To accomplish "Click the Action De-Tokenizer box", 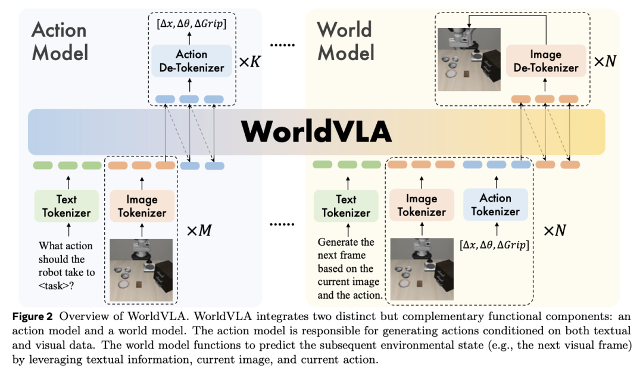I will pyautogui.click(x=192, y=61).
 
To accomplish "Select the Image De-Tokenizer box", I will pyautogui.click(x=545, y=61).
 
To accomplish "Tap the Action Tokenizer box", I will pyautogui.click(x=495, y=205).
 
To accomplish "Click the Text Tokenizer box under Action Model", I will pyautogui.click(x=67, y=206).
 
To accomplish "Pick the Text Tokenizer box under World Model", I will pyautogui.click(x=346, y=206).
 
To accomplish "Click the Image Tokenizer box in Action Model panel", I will pyautogui.click(x=142, y=206).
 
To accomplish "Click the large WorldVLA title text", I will pyautogui.click(x=316, y=131).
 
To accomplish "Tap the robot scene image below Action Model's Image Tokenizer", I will pyautogui.click(x=141, y=264).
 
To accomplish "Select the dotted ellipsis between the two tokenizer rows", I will pyautogui.click(x=282, y=224).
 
